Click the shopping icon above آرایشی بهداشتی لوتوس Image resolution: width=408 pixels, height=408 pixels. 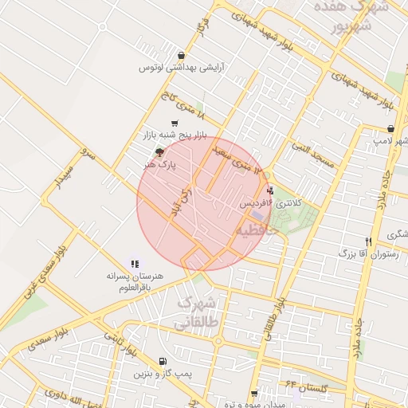point(182,56)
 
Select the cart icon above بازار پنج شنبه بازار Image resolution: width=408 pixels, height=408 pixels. point(175,122)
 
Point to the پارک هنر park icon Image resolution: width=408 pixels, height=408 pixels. point(159,151)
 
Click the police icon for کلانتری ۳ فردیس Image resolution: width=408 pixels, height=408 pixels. point(271,191)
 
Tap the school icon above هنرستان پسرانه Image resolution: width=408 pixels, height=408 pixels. point(135,263)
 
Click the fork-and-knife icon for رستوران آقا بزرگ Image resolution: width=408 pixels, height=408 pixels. point(368,241)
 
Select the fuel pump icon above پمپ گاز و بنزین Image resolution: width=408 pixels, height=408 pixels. point(163,361)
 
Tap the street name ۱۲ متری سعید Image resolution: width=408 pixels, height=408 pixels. point(233,157)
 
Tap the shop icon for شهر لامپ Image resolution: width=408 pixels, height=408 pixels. point(390,128)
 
